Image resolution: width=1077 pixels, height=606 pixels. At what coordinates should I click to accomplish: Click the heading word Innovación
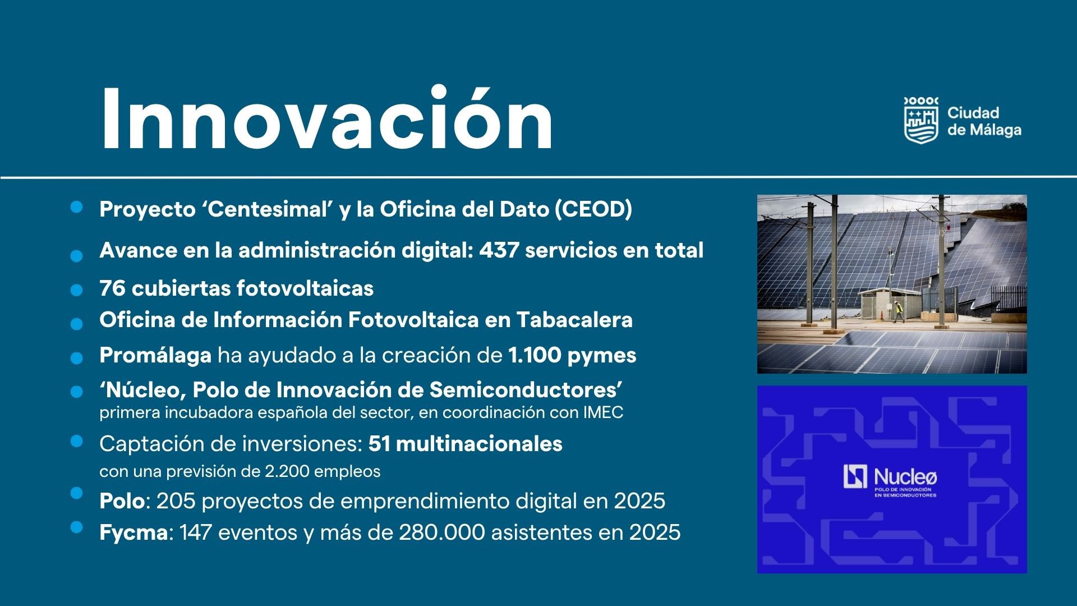(327, 118)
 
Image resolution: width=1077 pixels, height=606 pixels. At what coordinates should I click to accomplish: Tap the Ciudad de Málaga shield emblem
(921, 120)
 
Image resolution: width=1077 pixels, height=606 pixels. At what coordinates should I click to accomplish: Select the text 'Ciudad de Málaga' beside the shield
(984, 121)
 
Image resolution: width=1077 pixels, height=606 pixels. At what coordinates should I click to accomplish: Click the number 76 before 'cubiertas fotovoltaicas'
(113, 288)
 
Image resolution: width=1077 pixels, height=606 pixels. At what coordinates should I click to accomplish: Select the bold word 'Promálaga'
(155, 356)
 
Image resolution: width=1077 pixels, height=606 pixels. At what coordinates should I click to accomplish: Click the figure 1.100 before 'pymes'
(535, 355)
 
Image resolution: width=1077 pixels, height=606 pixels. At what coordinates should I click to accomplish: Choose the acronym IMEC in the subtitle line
(603, 412)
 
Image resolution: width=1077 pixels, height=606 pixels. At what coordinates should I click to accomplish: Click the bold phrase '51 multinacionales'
(466, 444)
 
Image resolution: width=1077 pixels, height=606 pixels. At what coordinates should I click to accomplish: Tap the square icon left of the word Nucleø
(855, 476)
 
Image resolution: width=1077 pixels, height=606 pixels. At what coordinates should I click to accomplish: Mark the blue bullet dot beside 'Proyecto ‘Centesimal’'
(77, 207)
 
